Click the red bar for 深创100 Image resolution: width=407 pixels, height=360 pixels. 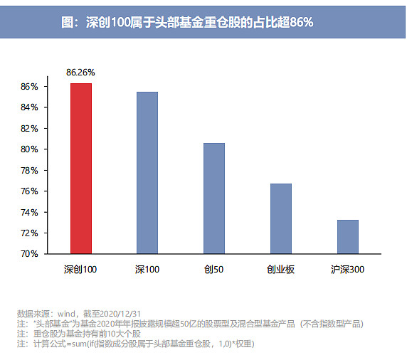click(x=80, y=169)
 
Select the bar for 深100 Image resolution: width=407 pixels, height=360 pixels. click(x=147, y=173)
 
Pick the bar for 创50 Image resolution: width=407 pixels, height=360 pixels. click(x=213, y=198)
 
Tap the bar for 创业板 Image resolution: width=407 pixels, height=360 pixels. click(x=280, y=218)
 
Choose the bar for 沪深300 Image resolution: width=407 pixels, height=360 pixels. click(x=347, y=237)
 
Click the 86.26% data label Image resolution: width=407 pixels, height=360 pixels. click(x=80, y=73)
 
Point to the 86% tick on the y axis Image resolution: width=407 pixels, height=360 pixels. click(x=29, y=87)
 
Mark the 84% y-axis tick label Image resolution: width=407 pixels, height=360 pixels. click(x=29, y=107)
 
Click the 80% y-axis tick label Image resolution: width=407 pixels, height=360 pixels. click(x=29, y=149)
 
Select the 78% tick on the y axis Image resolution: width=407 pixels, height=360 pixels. click(x=29, y=171)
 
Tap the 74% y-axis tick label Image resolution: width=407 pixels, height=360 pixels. click(x=29, y=212)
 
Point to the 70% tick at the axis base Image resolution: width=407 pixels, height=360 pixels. click(x=29, y=254)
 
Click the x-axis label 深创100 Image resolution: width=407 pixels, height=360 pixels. click(x=80, y=270)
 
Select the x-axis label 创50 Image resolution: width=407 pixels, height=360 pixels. click(x=213, y=270)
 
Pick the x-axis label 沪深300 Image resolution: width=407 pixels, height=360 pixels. click(x=347, y=270)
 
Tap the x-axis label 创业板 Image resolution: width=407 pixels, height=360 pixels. click(x=280, y=270)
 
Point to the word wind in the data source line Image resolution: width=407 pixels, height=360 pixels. click(x=68, y=313)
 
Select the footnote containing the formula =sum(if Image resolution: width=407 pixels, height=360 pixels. click(x=135, y=344)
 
